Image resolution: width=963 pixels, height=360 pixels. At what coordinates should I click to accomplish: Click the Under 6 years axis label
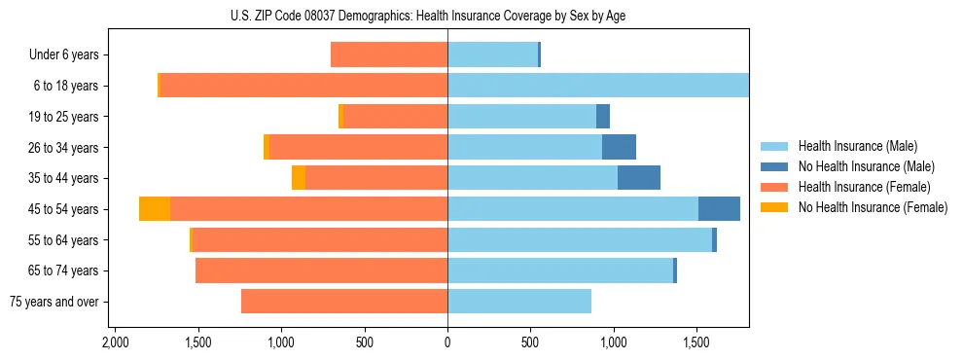coord(64,55)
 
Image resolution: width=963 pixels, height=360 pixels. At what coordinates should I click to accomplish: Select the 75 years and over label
coord(54,302)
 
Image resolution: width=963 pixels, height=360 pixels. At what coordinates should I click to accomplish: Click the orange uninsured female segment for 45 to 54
coord(155,209)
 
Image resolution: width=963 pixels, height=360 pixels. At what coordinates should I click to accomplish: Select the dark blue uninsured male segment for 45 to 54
coord(719,209)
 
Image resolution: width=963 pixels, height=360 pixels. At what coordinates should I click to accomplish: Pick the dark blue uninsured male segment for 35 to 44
coord(639,178)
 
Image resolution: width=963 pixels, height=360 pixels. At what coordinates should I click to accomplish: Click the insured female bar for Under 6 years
coord(389,54)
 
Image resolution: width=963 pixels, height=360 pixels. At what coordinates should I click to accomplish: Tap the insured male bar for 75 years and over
coord(519,302)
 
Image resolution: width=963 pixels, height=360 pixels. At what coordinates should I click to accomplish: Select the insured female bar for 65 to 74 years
coord(321,270)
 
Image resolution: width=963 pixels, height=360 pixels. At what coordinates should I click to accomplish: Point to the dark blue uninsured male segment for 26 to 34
coord(619,147)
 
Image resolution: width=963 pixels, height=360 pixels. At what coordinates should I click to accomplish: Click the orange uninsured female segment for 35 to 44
coord(299,178)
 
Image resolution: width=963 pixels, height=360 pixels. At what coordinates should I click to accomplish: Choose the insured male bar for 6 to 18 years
coord(598,86)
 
